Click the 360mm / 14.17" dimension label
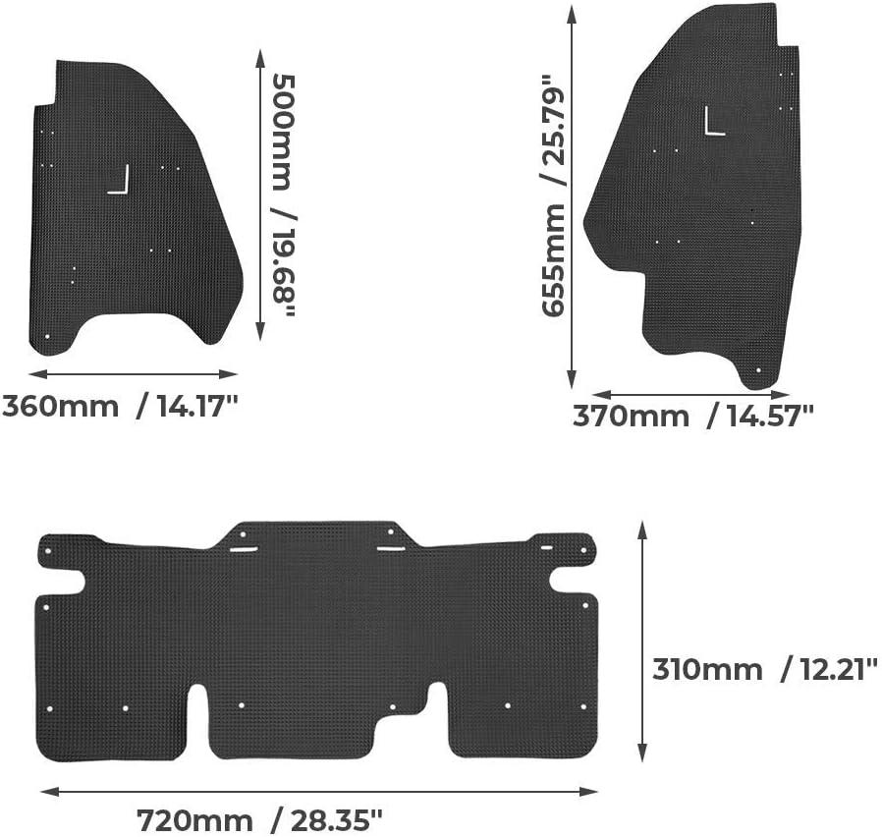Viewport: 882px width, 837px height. pyautogui.click(x=121, y=406)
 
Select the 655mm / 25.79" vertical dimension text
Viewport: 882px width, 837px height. pyautogui.click(x=553, y=195)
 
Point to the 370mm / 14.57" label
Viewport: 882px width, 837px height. pyautogui.click(x=693, y=417)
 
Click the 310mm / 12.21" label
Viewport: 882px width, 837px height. pyautogui.click(x=765, y=670)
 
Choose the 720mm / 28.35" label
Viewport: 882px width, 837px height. pyautogui.click(x=260, y=820)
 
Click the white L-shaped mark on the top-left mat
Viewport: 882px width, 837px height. pyautogui.click(x=119, y=180)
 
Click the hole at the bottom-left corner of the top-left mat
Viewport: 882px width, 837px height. pyautogui.click(x=47, y=337)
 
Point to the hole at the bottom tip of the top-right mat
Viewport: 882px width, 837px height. pyautogui.click(x=758, y=370)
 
